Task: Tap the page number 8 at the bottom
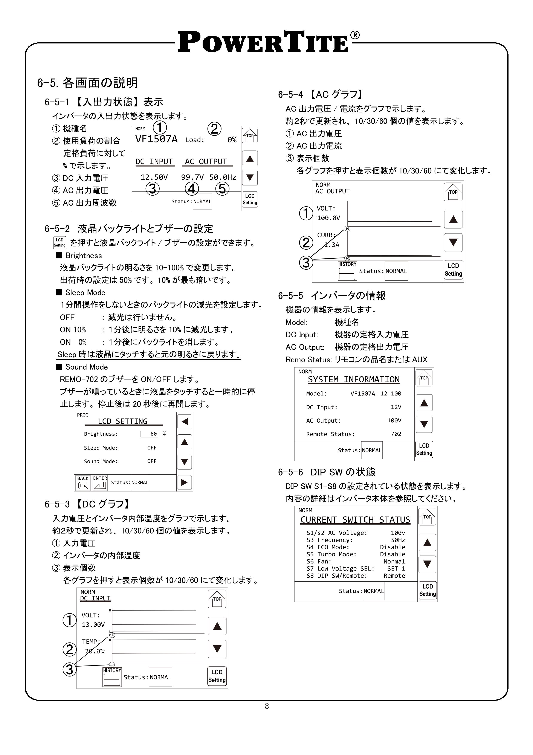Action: click(267, 706)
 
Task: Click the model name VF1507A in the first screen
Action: click(156, 139)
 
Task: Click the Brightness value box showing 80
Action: click(150, 434)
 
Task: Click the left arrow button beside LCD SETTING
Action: click(185, 422)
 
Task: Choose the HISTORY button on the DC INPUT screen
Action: click(112, 677)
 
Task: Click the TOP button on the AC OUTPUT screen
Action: click(453, 192)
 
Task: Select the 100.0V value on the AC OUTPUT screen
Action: click(328, 218)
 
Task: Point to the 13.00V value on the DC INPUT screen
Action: click(93, 624)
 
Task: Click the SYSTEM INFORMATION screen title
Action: click(353, 380)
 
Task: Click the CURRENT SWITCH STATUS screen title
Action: click(355, 520)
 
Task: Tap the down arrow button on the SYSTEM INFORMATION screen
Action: click(424, 424)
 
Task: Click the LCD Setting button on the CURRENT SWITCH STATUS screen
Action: click(427, 590)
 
